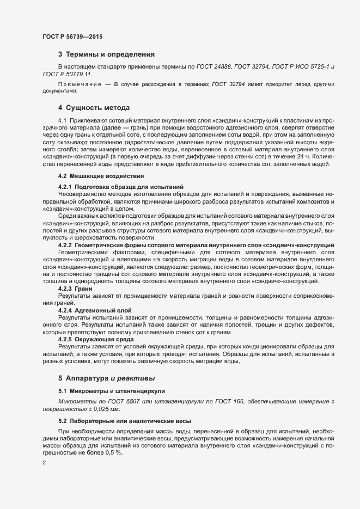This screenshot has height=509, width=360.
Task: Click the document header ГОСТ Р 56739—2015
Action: (72, 36)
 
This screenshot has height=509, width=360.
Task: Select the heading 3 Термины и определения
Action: (106, 54)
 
